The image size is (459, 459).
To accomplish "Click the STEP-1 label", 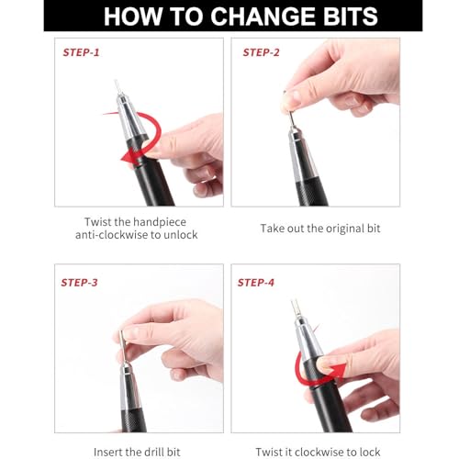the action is (x=81, y=52).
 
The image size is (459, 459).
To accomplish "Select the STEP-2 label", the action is (x=261, y=52).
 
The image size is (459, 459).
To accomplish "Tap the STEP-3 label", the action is (x=79, y=283).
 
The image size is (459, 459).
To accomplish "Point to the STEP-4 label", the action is (x=256, y=283).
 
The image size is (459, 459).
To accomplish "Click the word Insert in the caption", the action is (x=108, y=452).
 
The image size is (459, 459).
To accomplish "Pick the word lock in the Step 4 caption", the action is (x=370, y=452).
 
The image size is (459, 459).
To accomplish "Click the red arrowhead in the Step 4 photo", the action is (x=338, y=371).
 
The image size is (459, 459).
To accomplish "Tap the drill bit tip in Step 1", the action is (x=116, y=81).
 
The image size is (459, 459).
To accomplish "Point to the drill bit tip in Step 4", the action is (x=295, y=301).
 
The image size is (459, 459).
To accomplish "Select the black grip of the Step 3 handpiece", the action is (x=134, y=420).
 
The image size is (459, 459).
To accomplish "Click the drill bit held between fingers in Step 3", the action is (x=123, y=346).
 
